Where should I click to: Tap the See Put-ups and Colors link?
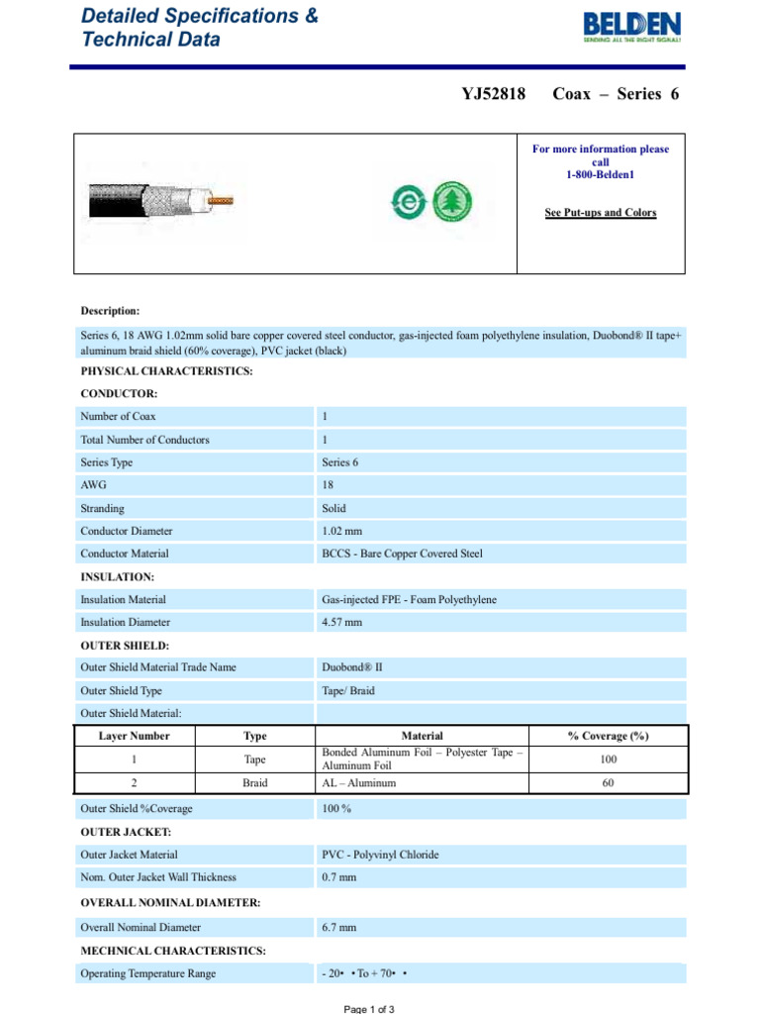coord(601,213)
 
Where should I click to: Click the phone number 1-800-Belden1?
coord(601,174)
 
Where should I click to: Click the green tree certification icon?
coord(454,203)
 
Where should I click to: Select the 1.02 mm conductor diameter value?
coord(342,531)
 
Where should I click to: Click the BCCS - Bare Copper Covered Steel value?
coord(402,554)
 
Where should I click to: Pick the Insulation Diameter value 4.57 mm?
coord(342,622)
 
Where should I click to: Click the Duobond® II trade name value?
coord(352,667)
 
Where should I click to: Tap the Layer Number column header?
coord(135,736)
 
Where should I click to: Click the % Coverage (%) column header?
coord(608,736)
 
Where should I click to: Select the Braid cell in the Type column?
coord(254,782)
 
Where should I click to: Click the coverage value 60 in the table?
coord(608,782)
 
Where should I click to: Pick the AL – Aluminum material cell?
coord(359,782)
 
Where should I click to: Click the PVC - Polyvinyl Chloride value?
coord(380,855)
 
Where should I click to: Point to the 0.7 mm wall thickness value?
coord(338,877)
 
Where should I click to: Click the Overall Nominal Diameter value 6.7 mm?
coord(338,928)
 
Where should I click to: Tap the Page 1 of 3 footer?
coord(369,1008)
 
